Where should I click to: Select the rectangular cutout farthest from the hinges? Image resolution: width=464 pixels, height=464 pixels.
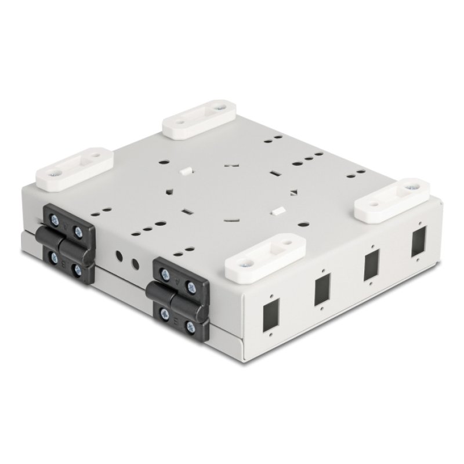418,244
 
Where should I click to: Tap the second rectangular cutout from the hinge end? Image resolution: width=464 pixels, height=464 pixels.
322,291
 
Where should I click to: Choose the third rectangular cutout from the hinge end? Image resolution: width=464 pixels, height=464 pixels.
371,267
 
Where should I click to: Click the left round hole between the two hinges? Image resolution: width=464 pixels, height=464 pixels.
119,256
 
